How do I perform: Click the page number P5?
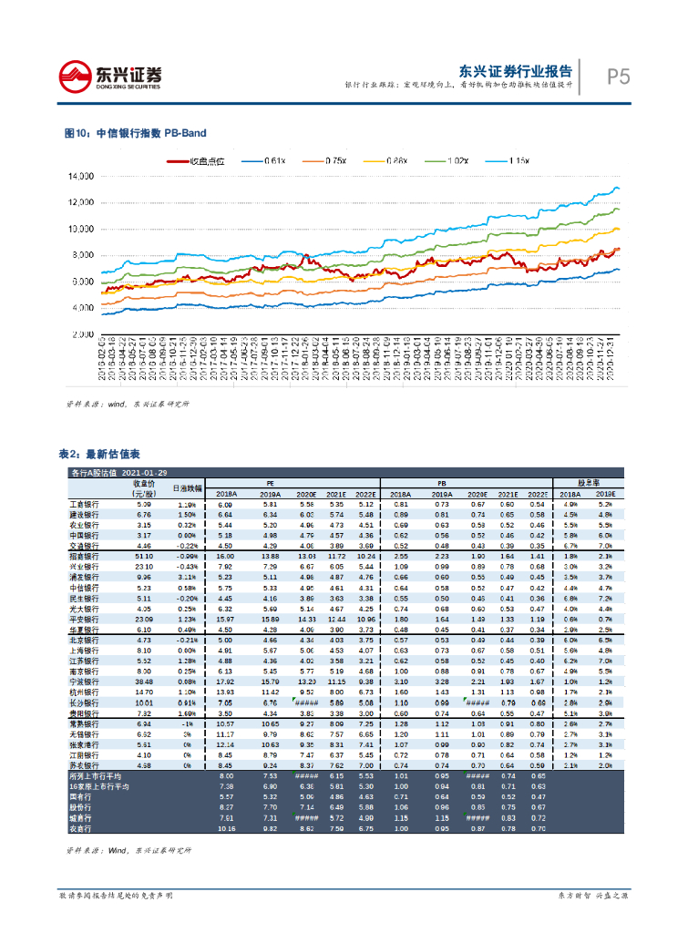pyautogui.click(x=619, y=77)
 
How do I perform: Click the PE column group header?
pyautogui.click(x=270, y=483)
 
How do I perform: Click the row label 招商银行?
pyautogui.click(x=85, y=556)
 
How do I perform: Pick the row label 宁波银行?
pyautogui.click(x=85, y=682)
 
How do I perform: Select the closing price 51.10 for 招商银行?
pyautogui.click(x=143, y=556)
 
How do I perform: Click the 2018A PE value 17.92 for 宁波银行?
pyautogui.click(x=225, y=682)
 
